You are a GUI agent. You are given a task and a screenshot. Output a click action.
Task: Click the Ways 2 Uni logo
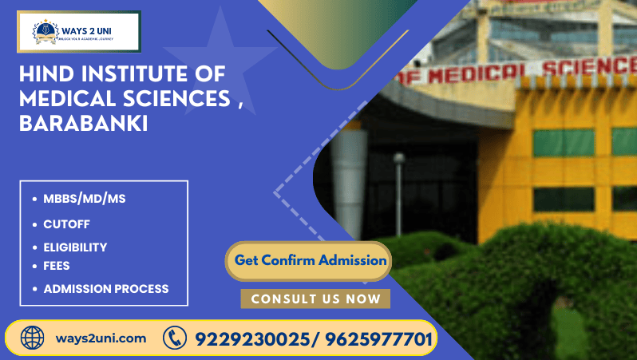pyautogui.click(x=78, y=32)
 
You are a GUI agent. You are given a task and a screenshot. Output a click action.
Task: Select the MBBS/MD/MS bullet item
pyautogui.click(x=84, y=199)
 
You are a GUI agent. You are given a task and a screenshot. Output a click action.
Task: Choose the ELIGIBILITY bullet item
pyautogui.click(x=75, y=247)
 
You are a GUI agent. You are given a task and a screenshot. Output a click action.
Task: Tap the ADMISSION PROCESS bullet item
pyautogui.click(x=105, y=288)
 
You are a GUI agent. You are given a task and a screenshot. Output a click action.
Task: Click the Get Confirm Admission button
pyautogui.click(x=311, y=260)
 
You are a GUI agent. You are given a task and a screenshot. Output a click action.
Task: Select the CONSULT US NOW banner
pyautogui.click(x=315, y=299)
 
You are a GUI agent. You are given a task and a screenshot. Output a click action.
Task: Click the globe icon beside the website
pyautogui.click(x=33, y=338)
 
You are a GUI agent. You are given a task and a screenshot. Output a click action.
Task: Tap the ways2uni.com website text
pyautogui.click(x=101, y=338)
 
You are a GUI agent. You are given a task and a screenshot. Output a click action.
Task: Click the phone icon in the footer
pyautogui.click(x=174, y=338)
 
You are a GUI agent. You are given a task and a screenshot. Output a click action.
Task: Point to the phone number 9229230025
pyautogui.click(x=250, y=338)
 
